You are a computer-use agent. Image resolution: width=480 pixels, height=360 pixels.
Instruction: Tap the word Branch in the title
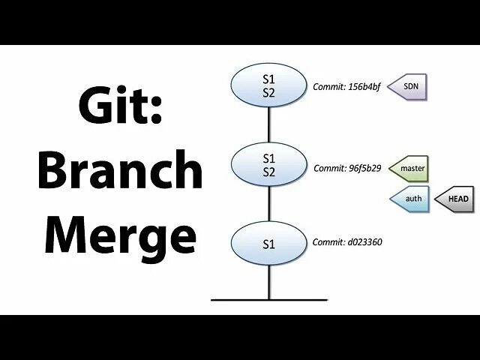click(x=120, y=172)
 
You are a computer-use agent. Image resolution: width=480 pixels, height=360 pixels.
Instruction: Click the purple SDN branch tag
click(x=410, y=87)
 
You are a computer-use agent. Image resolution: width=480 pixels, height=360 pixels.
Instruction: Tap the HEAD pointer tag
click(x=456, y=199)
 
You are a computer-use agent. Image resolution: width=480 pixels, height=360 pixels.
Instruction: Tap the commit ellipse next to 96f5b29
click(x=269, y=165)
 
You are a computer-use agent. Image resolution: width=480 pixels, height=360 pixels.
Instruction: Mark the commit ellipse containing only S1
click(x=269, y=243)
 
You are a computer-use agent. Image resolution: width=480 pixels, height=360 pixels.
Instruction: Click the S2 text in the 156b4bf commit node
click(x=269, y=93)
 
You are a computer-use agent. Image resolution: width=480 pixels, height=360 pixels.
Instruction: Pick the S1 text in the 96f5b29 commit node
click(x=269, y=158)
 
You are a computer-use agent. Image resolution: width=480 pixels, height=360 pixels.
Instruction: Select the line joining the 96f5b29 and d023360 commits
click(x=269, y=204)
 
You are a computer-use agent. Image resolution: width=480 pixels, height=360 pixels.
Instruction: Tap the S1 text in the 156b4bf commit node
click(x=269, y=78)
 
